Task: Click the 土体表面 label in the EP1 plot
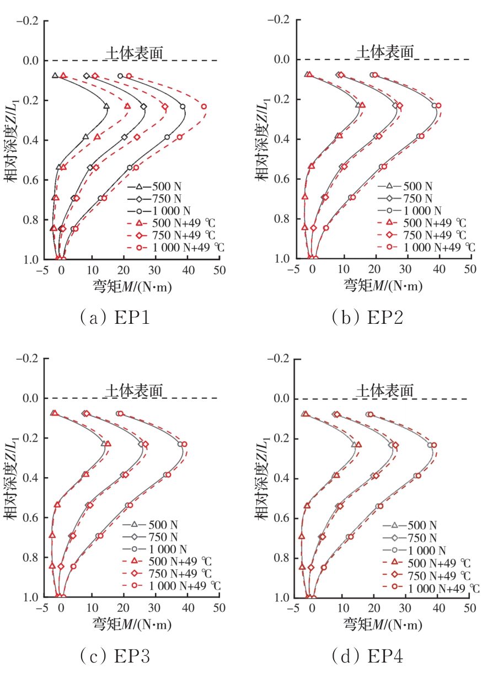[135, 52]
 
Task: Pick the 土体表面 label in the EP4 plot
[385, 390]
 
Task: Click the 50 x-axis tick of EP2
[470, 270]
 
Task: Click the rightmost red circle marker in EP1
[204, 106]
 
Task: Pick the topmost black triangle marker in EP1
[55, 76]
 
